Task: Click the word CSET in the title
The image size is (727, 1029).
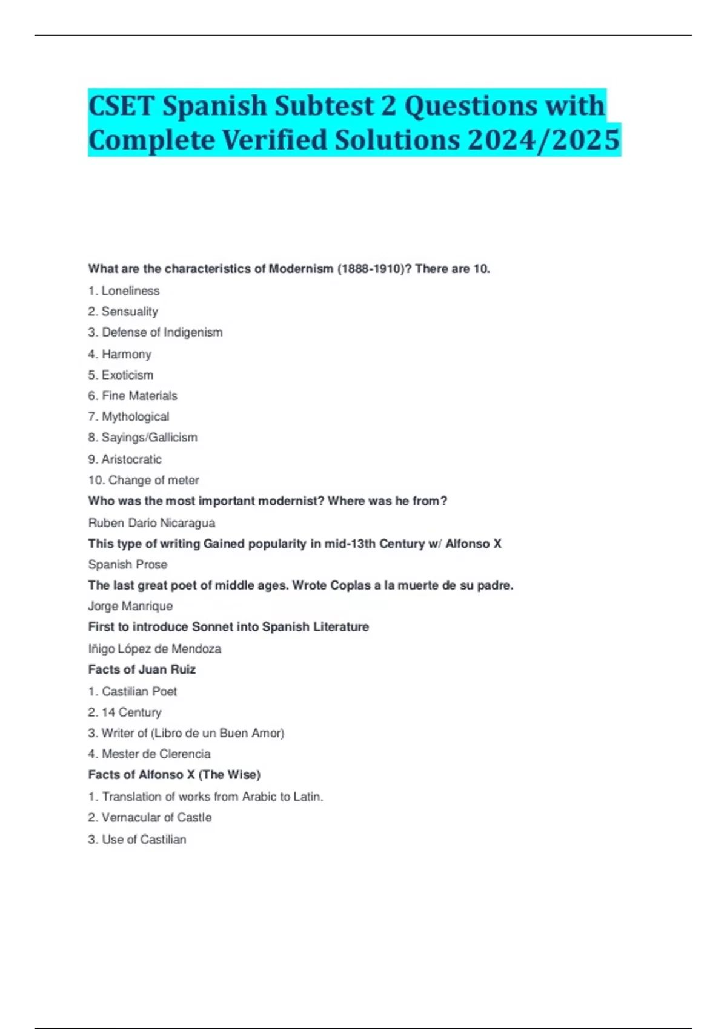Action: coord(121,106)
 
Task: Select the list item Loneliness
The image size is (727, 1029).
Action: coord(130,291)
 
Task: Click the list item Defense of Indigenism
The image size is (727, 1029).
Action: coord(162,332)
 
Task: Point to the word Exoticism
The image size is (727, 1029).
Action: coord(127,375)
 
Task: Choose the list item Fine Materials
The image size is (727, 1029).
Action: coord(139,396)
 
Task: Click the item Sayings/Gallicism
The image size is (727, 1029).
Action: coord(149,437)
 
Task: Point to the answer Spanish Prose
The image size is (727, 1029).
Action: coord(128,564)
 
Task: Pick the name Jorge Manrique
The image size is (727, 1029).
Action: coord(130,606)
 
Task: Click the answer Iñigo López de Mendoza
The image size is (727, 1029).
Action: coord(154,649)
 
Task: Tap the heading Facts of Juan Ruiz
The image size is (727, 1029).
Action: coord(142,669)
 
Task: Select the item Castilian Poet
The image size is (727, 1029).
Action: coord(139,691)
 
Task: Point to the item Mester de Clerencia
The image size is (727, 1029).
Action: coord(156,754)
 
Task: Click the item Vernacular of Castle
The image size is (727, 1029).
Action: coord(156,817)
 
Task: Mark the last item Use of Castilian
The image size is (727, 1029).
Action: coord(144,839)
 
